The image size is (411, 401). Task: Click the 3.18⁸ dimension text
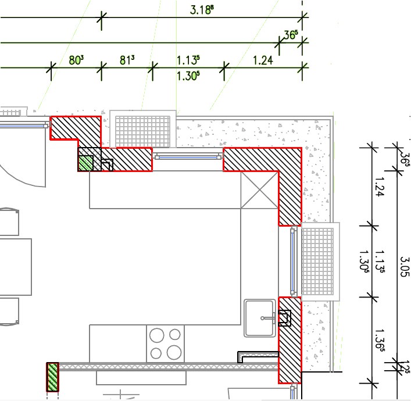[201, 10]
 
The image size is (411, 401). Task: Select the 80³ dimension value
[76, 60]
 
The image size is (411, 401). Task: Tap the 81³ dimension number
[127, 60]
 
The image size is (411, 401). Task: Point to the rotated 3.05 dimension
[405, 266]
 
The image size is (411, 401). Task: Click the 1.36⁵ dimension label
[380, 339]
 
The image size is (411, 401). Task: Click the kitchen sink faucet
[268, 318]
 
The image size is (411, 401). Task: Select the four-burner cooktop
[166, 343]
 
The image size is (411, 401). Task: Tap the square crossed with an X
[259, 190]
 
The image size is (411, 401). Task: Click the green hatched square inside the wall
[85, 163]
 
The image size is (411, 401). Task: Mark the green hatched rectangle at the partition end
[53, 377]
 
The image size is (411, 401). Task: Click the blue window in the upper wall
[188, 157]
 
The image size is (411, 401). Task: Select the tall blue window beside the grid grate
[293, 261]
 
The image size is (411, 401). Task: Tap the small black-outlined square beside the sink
[285, 318]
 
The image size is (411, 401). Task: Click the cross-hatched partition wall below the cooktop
[168, 366]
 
